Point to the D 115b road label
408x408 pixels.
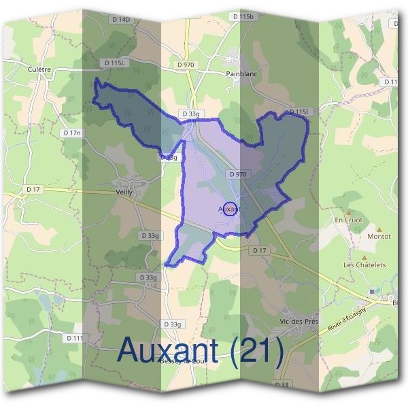[243, 16]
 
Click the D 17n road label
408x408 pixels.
[70, 133]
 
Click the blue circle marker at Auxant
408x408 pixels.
[231, 209]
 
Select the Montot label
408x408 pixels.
[379, 236]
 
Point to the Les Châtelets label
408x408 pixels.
[364, 265]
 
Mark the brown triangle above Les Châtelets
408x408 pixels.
[364, 256]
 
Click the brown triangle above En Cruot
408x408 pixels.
[350, 211]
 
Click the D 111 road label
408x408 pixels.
[75, 337]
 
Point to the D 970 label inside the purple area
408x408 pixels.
[237, 174]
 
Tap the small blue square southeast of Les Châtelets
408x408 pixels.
[372, 291]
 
